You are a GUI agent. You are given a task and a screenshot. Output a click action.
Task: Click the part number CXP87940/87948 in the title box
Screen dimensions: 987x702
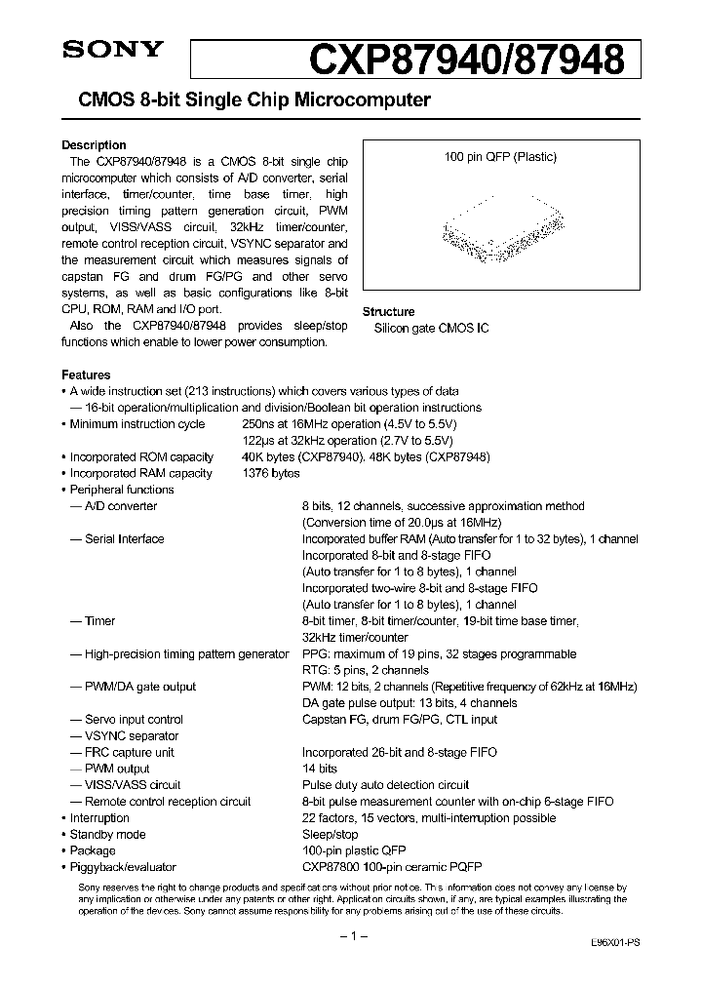click(x=467, y=60)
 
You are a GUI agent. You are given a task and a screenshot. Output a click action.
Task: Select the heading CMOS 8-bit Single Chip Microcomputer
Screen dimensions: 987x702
click(x=247, y=100)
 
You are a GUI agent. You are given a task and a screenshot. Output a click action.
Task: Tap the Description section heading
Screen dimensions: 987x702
click(x=94, y=145)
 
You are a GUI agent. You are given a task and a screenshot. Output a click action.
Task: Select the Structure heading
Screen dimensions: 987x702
click(x=388, y=312)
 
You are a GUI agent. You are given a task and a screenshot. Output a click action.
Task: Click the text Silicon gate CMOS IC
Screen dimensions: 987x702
click(x=431, y=329)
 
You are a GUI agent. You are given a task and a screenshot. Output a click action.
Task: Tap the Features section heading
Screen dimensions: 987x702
click(x=86, y=375)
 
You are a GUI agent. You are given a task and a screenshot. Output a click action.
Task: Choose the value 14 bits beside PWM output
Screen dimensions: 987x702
click(x=320, y=770)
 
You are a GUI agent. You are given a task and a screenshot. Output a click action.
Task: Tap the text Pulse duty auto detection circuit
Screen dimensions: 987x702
click(x=385, y=785)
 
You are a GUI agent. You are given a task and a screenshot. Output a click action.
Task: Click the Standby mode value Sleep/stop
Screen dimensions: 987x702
click(x=330, y=835)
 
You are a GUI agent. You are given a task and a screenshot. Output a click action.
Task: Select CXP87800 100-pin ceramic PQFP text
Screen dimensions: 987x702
click(x=392, y=867)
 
